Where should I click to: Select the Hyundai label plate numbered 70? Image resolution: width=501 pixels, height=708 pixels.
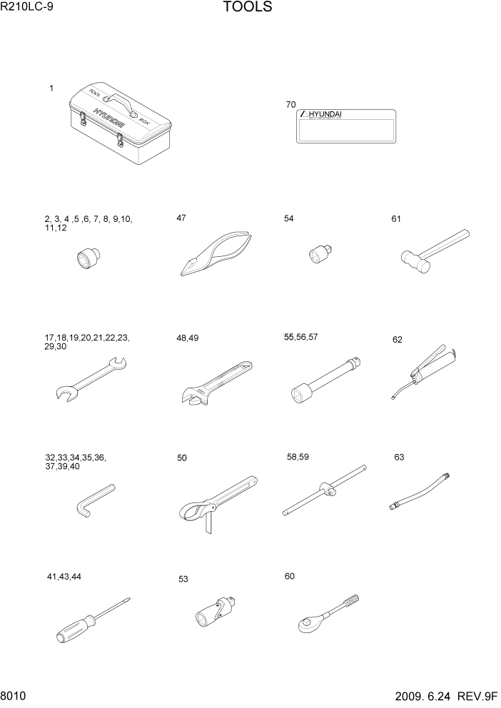click(346, 127)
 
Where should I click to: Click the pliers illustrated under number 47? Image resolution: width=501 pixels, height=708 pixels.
click(213, 254)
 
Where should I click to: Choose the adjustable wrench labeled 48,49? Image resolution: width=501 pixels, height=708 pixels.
click(213, 383)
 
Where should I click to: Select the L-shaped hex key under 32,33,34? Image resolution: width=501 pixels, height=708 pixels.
click(93, 499)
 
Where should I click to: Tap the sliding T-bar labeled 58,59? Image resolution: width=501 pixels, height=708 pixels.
click(325, 492)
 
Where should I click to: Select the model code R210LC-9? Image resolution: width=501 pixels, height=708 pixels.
click(26, 9)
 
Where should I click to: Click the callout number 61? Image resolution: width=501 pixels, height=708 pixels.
click(396, 219)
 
